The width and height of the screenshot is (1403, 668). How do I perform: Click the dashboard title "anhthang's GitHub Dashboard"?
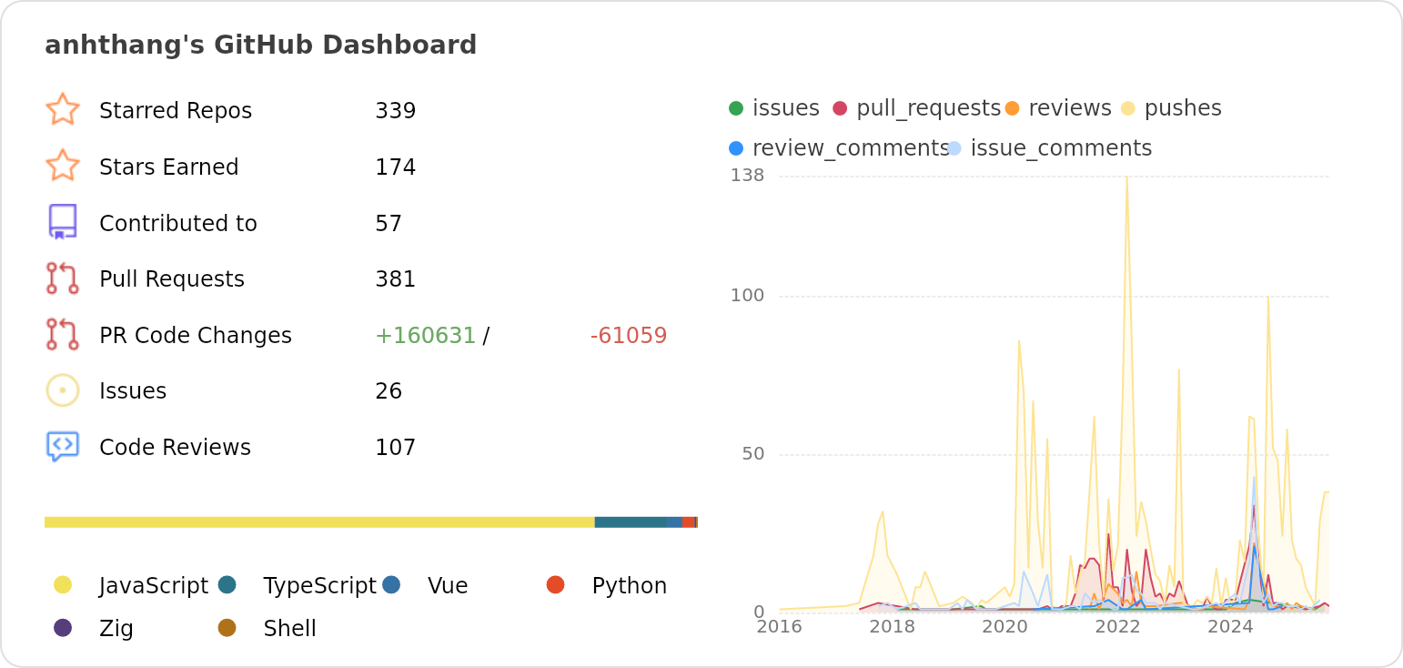pyautogui.click(x=260, y=45)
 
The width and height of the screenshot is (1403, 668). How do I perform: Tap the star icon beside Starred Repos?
pyautogui.click(x=62, y=109)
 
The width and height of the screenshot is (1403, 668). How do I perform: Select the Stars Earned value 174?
pyautogui.click(x=395, y=167)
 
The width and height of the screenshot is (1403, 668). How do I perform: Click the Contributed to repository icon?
pyautogui.click(x=62, y=222)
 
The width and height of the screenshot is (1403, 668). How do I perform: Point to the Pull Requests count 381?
pyautogui.click(x=395, y=279)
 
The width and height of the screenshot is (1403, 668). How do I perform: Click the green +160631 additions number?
pyautogui.click(x=425, y=336)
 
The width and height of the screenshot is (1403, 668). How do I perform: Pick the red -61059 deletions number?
pyautogui.click(x=628, y=336)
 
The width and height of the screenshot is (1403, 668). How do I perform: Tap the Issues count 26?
pyautogui.click(x=389, y=391)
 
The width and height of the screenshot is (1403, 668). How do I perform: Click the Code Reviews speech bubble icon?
pyautogui.click(x=62, y=446)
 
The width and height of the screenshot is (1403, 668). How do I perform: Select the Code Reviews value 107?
pyautogui.click(x=395, y=448)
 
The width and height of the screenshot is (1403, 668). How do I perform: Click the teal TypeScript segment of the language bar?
pyautogui.click(x=630, y=522)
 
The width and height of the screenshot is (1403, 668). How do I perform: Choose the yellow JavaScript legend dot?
pyautogui.click(x=63, y=585)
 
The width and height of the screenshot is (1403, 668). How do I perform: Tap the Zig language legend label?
pyautogui.click(x=116, y=629)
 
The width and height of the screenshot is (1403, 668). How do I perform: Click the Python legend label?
pyautogui.click(x=629, y=586)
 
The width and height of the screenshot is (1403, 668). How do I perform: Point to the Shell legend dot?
pyautogui.click(x=227, y=628)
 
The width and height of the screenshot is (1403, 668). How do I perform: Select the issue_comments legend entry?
pyautogui.click(x=1060, y=148)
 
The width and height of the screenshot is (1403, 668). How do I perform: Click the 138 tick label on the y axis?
pyautogui.click(x=747, y=175)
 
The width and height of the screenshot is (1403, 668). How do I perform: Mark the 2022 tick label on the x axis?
pyautogui.click(x=1117, y=627)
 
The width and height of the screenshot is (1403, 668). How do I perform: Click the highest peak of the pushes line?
pyautogui.click(x=1126, y=177)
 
